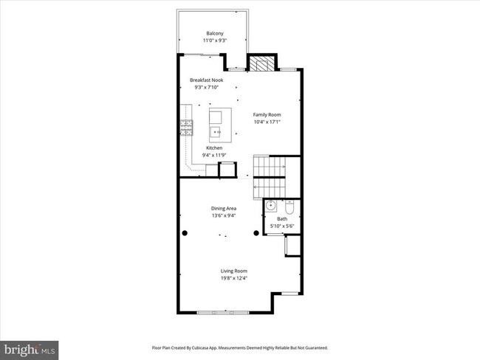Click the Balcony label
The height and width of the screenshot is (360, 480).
[215, 32]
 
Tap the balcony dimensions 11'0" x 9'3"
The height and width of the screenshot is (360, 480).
[215, 40]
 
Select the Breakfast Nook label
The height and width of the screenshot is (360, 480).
[206, 80]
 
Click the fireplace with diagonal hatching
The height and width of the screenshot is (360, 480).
[258, 64]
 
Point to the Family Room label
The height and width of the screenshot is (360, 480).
[267, 114]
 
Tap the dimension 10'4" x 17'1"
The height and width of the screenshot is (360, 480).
[267, 122]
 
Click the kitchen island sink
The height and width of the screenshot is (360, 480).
[217, 132]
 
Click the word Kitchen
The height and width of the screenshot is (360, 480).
[214, 148]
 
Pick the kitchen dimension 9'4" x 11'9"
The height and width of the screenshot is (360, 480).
[214, 155]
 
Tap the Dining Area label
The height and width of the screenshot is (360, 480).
[223, 209]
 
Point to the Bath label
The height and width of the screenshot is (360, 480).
[282, 218]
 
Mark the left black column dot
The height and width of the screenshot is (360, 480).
[185, 233]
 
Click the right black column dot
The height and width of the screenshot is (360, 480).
[256, 233]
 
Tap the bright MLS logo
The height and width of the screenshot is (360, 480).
[30, 347]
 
